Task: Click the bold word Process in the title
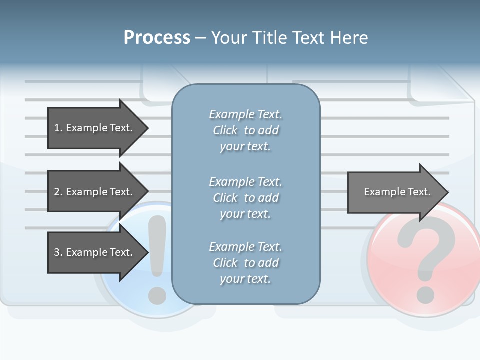[x=157, y=38]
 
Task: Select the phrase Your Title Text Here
[x=289, y=38]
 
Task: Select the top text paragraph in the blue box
[x=245, y=130]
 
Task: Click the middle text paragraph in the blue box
[x=245, y=198]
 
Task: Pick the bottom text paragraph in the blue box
[x=245, y=263]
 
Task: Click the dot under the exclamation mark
[x=157, y=295]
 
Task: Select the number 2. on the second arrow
[x=58, y=192]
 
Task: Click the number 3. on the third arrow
[x=58, y=252]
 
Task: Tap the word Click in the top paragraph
[x=225, y=130]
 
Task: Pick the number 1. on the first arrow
[x=58, y=128]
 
